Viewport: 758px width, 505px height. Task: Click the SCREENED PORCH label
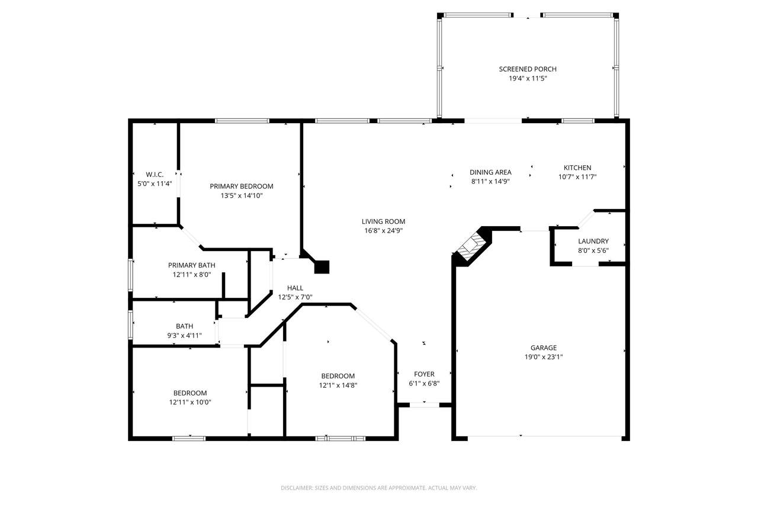click(528, 69)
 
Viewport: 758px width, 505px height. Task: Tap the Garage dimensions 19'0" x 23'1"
click(544, 357)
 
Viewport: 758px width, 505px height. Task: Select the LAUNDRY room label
click(593, 241)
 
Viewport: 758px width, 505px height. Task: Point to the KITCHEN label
click(577, 168)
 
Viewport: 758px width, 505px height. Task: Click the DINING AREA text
click(490, 172)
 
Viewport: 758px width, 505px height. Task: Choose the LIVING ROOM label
click(383, 221)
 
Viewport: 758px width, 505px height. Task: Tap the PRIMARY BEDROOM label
click(241, 186)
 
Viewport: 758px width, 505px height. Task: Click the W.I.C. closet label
click(155, 175)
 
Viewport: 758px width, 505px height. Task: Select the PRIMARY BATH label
click(191, 265)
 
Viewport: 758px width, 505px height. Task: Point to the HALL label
click(295, 288)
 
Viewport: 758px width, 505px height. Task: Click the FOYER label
click(424, 374)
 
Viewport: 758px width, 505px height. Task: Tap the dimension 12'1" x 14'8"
click(338, 385)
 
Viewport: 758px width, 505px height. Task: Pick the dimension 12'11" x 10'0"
click(190, 402)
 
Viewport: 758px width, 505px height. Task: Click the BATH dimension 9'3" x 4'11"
click(184, 336)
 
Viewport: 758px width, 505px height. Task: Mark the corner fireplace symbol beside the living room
click(472, 246)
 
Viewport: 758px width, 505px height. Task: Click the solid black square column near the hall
click(322, 267)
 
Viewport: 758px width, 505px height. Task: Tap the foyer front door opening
click(425, 405)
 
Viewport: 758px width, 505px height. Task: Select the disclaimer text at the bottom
click(378, 488)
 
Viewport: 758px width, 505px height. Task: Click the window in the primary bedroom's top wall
click(242, 121)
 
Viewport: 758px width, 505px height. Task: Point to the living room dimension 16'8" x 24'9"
click(383, 231)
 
